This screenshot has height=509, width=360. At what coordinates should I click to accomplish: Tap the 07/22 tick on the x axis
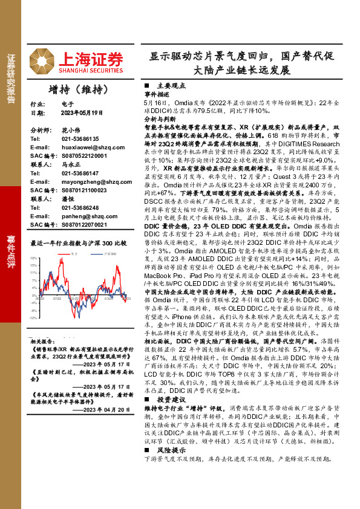pyautogui.click(x=56, y=297)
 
